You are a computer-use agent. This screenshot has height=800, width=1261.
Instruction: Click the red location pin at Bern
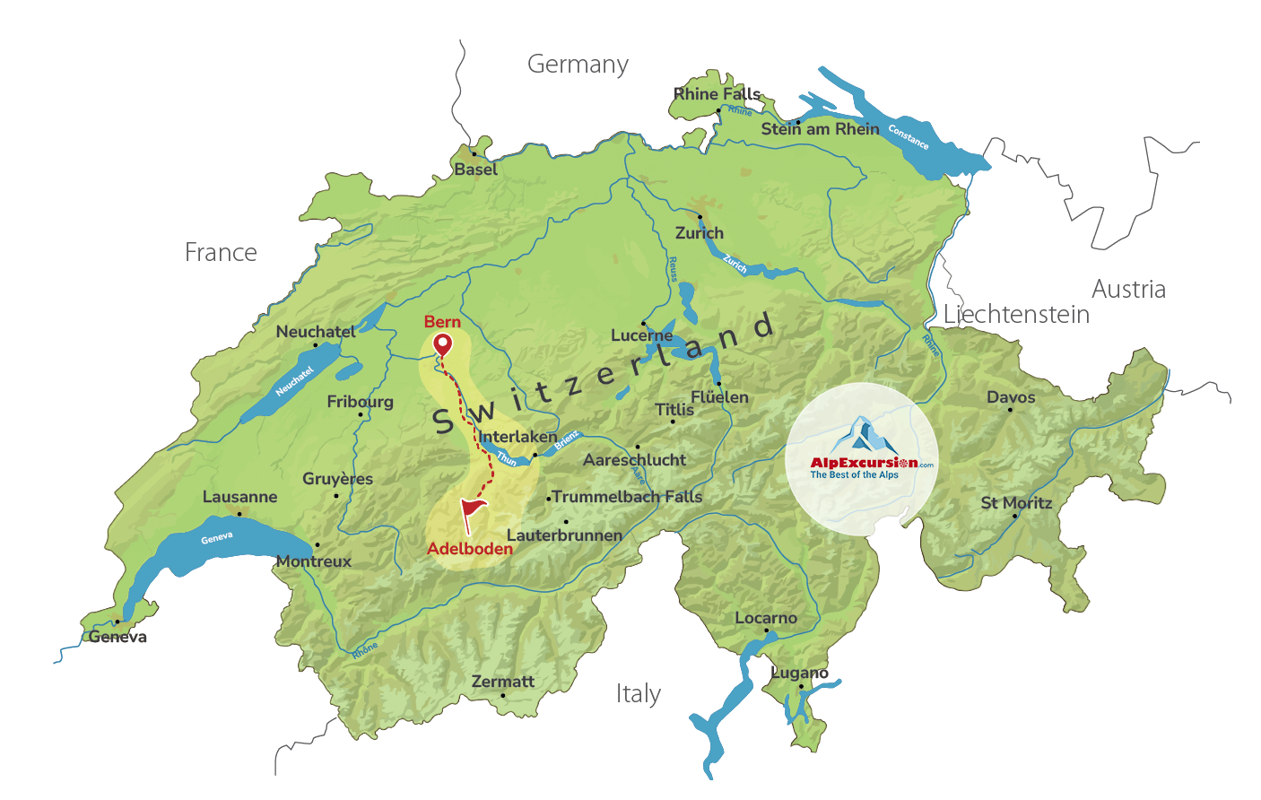pos(442,343)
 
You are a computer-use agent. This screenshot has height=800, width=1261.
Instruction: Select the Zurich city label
pos(699,233)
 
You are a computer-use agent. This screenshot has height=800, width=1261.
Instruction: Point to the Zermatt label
pos(502,682)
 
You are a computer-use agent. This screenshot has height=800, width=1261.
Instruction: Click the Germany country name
pos(578,65)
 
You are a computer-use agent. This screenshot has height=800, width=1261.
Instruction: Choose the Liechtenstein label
pos(1016,315)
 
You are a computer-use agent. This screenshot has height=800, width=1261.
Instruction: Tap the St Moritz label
pos(1016,503)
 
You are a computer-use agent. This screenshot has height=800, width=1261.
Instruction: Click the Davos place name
pos(1011,397)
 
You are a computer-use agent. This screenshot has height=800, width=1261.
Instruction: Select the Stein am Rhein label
pos(820,129)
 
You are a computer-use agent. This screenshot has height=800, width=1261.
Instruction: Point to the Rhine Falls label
pos(717,94)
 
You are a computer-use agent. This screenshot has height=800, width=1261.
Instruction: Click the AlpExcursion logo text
pos(863,463)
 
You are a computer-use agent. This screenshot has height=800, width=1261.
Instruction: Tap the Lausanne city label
pos(239,497)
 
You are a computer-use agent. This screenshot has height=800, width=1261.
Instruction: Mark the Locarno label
pos(765,618)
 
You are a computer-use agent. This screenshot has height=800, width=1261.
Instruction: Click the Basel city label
pos(475,170)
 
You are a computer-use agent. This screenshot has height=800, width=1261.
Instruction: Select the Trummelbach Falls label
pos(627,497)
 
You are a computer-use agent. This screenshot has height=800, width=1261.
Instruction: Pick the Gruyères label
pos(337,479)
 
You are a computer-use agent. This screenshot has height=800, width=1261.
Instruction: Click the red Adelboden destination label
pos(470,549)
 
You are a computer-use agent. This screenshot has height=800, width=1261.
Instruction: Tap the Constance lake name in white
pos(909,136)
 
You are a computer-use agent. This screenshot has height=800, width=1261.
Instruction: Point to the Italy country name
pos(638,694)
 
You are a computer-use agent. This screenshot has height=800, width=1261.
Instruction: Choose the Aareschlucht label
pos(634,460)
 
